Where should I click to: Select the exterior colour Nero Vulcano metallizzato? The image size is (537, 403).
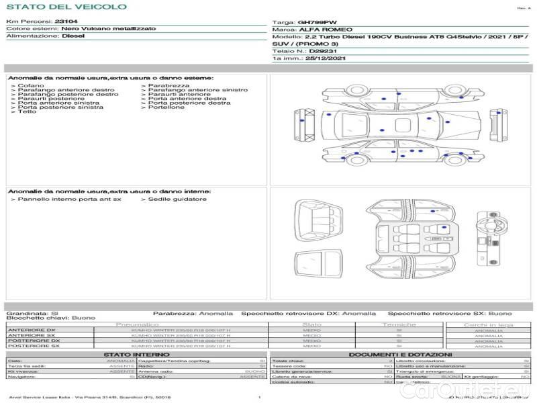[x=108, y=30]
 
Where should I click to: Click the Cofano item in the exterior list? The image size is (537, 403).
[x=31, y=86]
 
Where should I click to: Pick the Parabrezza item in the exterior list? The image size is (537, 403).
[x=168, y=86]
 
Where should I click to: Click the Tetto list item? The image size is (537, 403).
[x=27, y=111]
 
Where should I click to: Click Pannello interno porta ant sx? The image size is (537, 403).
[x=69, y=199]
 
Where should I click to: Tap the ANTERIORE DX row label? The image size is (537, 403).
[x=32, y=330]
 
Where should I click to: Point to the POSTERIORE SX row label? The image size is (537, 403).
[x=33, y=347]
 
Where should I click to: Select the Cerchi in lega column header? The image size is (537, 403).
[x=488, y=324]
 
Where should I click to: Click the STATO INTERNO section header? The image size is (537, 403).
[x=137, y=355]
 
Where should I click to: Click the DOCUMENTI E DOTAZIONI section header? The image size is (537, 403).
[x=400, y=355]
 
